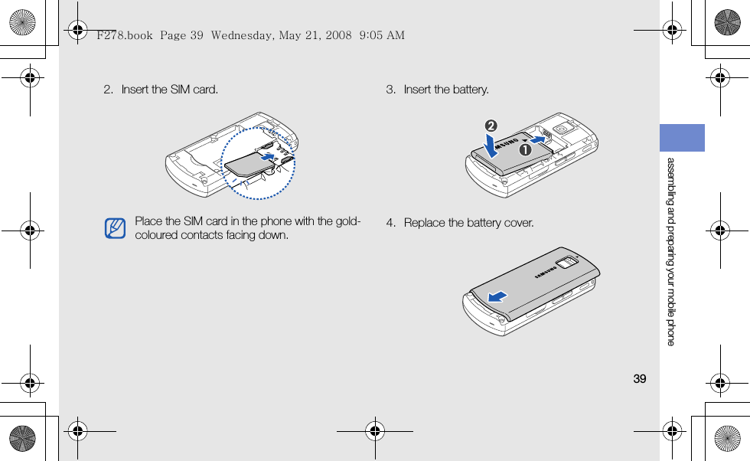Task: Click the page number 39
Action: pyautogui.click(x=640, y=379)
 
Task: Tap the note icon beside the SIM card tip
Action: pyautogui.click(x=116, y=228)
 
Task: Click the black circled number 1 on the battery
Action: pyautogui.click(x=526, y=151)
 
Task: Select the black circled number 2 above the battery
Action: pyautogui.click(x=491, y=126)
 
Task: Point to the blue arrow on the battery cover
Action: pyautogui.click(x=497, y=296)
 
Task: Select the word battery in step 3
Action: pyautogui.click(x=470, y=90)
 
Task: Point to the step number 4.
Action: pyautogui.click(x=390, y=223)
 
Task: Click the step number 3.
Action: pyautogui.click(x=390, y=90)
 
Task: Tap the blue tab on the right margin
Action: pyautogui.click(x=682, y=138)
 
